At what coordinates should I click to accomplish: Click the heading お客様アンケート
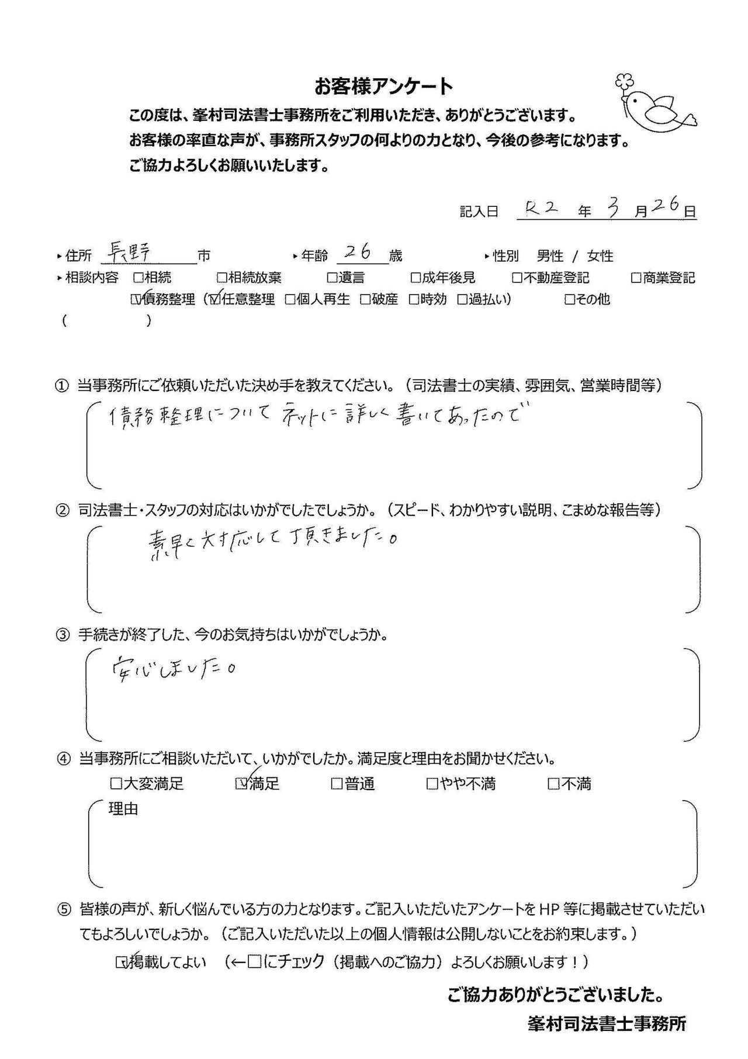(383, 86)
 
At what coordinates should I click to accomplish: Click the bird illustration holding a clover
(655, 104)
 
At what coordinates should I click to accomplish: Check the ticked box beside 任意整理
(213, 300)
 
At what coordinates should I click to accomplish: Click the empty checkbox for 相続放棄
(222, 278)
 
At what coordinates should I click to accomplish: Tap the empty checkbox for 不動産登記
(517, 278)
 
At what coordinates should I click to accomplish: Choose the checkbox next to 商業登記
(636, 278)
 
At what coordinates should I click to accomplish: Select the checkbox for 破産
(365, 300)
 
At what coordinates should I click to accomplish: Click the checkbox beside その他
(570, 300)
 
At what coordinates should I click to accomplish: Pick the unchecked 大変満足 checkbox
(116, 783)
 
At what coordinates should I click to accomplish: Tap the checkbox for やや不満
(432, 783)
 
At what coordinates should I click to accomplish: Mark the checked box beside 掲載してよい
(122, 961)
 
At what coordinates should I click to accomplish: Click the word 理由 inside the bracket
(123, 809)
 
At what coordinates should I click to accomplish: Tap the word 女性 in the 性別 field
(600, 256)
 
